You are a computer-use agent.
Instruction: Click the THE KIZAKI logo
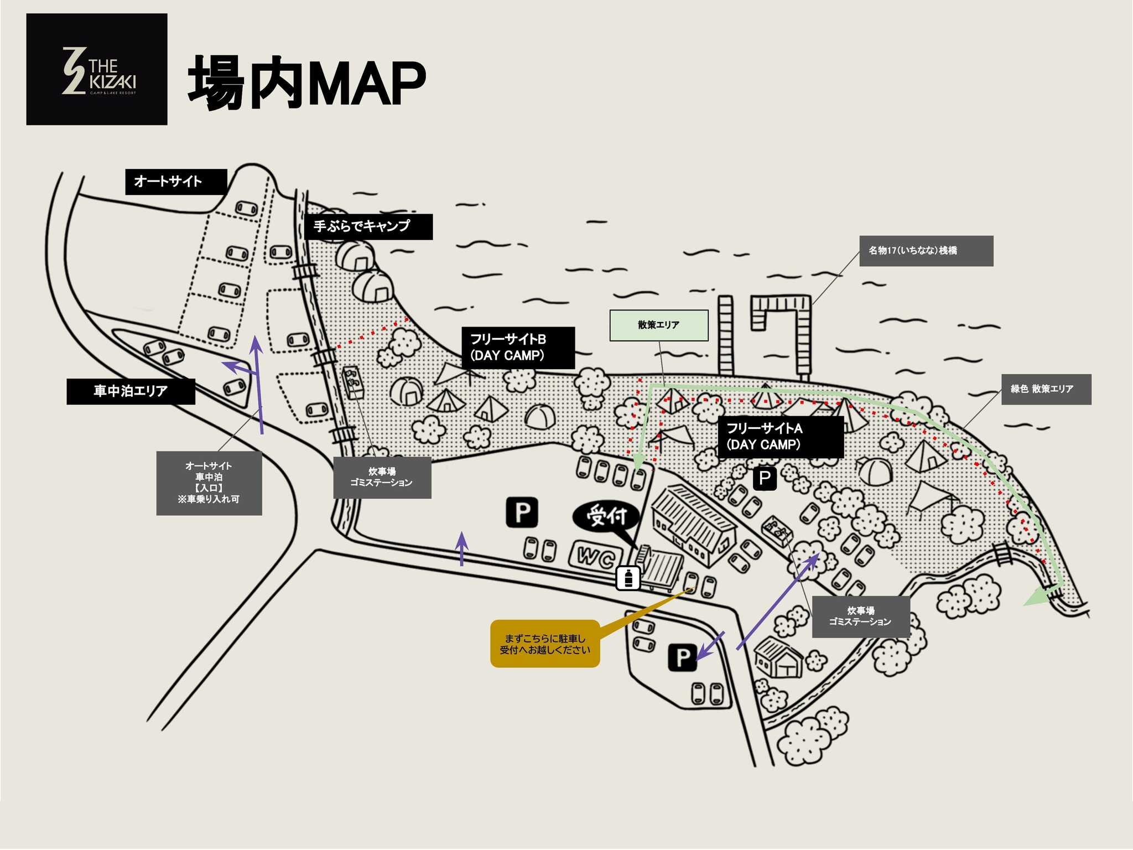click(x=97, y=69)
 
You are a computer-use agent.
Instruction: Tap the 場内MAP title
click(x=307, y=84)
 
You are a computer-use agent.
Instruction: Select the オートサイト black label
click(x=176, y=182)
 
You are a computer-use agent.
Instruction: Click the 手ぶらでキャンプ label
click(x=368, y=226)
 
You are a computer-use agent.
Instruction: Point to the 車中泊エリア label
click(x=131, y=391)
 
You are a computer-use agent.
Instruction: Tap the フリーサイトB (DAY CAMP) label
click(x=518, y=348)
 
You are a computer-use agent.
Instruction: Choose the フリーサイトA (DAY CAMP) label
click(x=780, y=437)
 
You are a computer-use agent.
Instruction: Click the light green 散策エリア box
click(x=658, y=325)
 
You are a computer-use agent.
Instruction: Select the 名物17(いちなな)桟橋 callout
click(x=926, y=251)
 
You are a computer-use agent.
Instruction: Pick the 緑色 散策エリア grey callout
click(x=1046, y=389)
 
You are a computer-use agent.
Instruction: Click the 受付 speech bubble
click(x=607, y=517)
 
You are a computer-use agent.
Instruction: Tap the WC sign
click(x=596, y=556)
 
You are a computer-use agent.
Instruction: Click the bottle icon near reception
click(x=628, y=578)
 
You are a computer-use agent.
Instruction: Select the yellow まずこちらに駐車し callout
click(x=545, y=644)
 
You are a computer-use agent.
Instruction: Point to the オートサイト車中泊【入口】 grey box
click(x=209, y=483)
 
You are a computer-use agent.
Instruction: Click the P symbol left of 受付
click(x=522, y=512)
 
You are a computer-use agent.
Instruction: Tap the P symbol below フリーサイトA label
click(x=765, y=478)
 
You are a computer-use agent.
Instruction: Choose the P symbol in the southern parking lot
click(x=682, y=657)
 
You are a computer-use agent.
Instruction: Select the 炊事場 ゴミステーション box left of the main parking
click(x=382, y=477)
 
